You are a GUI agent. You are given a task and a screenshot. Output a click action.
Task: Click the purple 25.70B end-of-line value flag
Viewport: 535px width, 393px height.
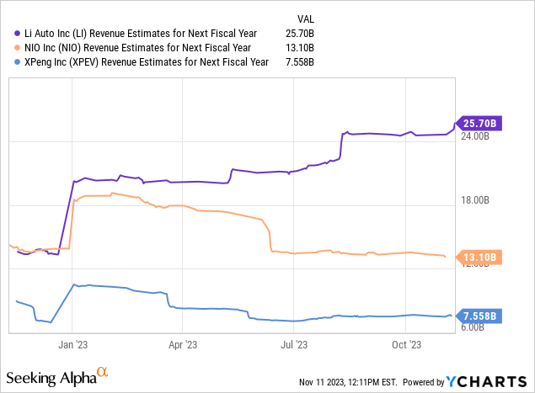[x=479, y=123]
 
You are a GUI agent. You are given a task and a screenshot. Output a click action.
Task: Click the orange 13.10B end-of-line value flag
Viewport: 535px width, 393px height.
[x=479, y=258]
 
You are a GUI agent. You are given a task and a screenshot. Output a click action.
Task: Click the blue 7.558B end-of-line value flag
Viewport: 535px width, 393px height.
[x=479, y=316]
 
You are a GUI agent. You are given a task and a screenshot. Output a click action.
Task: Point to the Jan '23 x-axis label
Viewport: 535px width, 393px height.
[x=72, y=344]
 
